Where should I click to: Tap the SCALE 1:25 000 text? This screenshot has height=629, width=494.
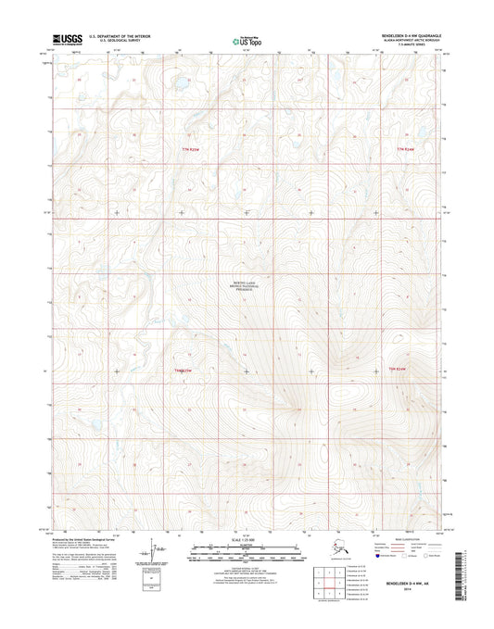click(247, 539)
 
